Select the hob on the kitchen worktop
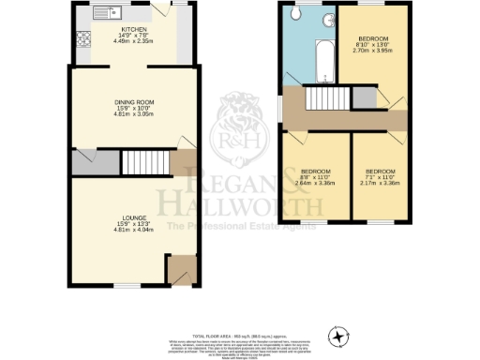(82, 39)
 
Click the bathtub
(323, 61)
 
